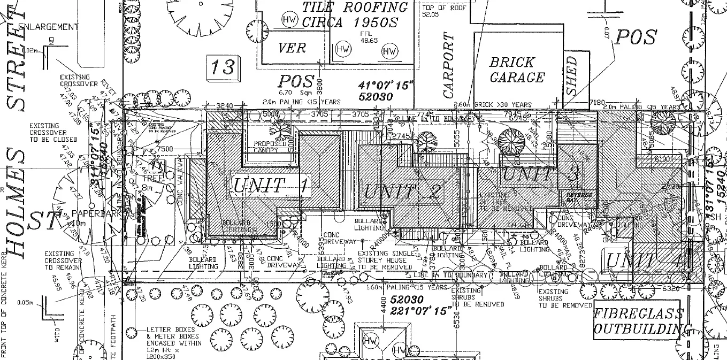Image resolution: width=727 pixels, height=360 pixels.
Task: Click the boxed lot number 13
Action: click(x=221, y=67)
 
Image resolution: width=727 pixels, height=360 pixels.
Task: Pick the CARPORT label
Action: click(x=448, y=66)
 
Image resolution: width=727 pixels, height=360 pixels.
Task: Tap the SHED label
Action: click(x=572, y=76)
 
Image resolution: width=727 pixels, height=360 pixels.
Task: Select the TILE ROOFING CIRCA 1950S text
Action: click(x=355, y=14)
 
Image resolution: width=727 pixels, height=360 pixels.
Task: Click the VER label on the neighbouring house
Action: click(x=292, y=48)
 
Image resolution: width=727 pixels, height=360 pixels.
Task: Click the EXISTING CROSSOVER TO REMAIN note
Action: click(x=63, y=261)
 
